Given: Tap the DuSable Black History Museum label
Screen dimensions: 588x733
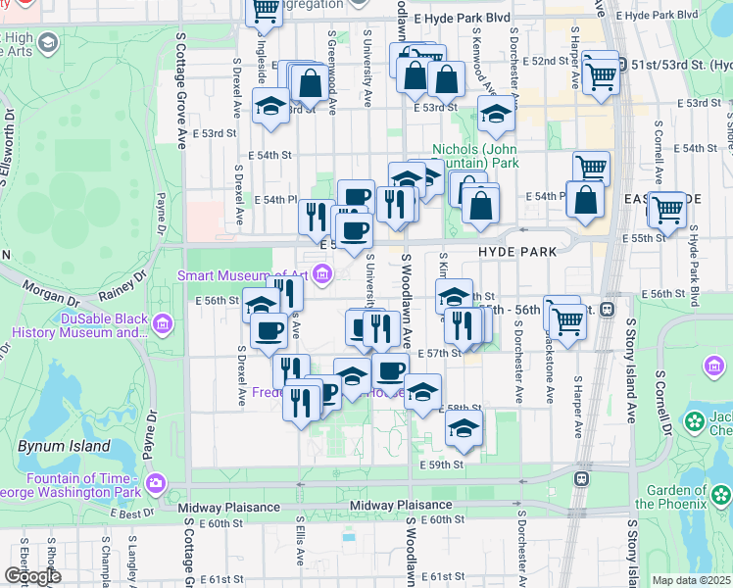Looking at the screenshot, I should click(81, 323).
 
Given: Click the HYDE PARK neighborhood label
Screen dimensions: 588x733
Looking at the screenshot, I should click(517, 252).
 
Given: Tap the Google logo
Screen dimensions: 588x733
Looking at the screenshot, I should click(32, 575).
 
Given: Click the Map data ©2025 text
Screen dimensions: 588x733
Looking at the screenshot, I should click(691, 580).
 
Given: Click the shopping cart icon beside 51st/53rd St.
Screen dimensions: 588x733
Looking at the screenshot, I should click(600, 73).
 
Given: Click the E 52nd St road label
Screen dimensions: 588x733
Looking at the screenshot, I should click(551, 61).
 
